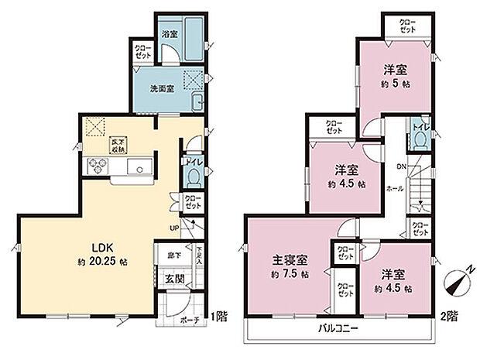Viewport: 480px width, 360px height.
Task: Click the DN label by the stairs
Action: pyautogui.click(x=401, y=166)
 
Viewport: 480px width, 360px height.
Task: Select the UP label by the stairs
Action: pyautogui.click(x=177, y=227)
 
